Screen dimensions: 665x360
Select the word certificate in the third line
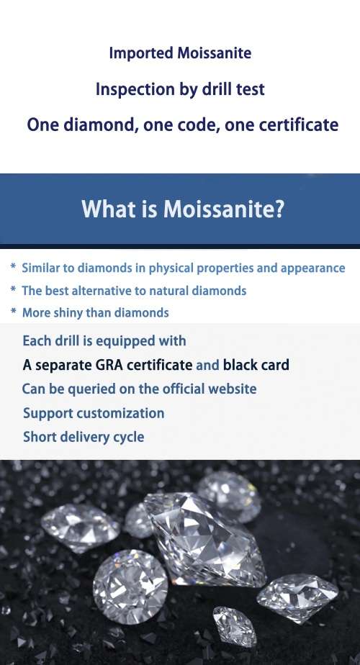(297, 125)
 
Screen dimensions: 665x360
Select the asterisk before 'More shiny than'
(13, 313)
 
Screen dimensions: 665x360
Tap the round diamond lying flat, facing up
(130, 584)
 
